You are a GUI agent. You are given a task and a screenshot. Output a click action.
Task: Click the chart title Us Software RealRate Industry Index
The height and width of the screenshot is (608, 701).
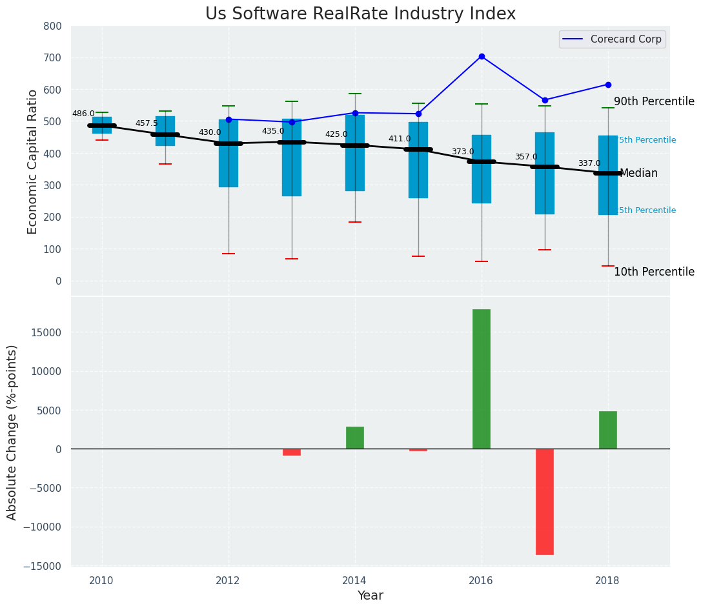click(360, 14)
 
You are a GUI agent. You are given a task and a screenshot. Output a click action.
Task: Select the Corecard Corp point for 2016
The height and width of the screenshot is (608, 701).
click(482, 57)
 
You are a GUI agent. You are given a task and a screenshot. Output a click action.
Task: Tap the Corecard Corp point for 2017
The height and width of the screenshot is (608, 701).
click(545, 100)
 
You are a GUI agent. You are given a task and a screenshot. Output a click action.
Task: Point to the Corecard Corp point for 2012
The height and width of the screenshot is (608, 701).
click(229, 119)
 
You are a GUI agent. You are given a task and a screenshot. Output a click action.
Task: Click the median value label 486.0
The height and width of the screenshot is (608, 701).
click(83, 114)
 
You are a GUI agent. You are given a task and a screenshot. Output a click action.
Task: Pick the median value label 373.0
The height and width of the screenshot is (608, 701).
click(463, 152)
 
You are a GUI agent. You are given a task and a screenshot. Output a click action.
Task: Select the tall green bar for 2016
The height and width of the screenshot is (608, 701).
click(482, 379)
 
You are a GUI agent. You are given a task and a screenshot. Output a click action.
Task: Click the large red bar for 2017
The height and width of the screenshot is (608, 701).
click(545, 502)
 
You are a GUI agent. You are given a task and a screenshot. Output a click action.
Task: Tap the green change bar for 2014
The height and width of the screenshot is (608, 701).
click(355, 438)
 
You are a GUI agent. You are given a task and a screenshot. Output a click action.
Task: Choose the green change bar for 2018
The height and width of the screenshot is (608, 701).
click(608, 430)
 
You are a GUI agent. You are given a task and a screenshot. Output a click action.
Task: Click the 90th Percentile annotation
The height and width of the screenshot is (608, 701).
click(654, 101)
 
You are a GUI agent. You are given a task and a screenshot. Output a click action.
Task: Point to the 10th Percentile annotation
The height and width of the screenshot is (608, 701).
click(654, 272)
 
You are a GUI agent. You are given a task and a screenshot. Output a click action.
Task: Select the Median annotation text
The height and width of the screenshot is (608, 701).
click(638, 173)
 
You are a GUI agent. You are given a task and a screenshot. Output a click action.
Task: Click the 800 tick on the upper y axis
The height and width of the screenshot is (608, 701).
click(53, 26)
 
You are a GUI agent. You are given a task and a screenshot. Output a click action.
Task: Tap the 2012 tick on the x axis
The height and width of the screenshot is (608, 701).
click(229, 580)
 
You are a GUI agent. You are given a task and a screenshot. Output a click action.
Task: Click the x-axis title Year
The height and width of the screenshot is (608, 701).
click(371, 596)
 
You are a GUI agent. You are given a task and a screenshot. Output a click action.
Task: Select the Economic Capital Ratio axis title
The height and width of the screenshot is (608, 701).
click(33, 161)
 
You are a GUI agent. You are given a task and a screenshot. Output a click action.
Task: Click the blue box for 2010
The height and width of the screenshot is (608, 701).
click(102, 125)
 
